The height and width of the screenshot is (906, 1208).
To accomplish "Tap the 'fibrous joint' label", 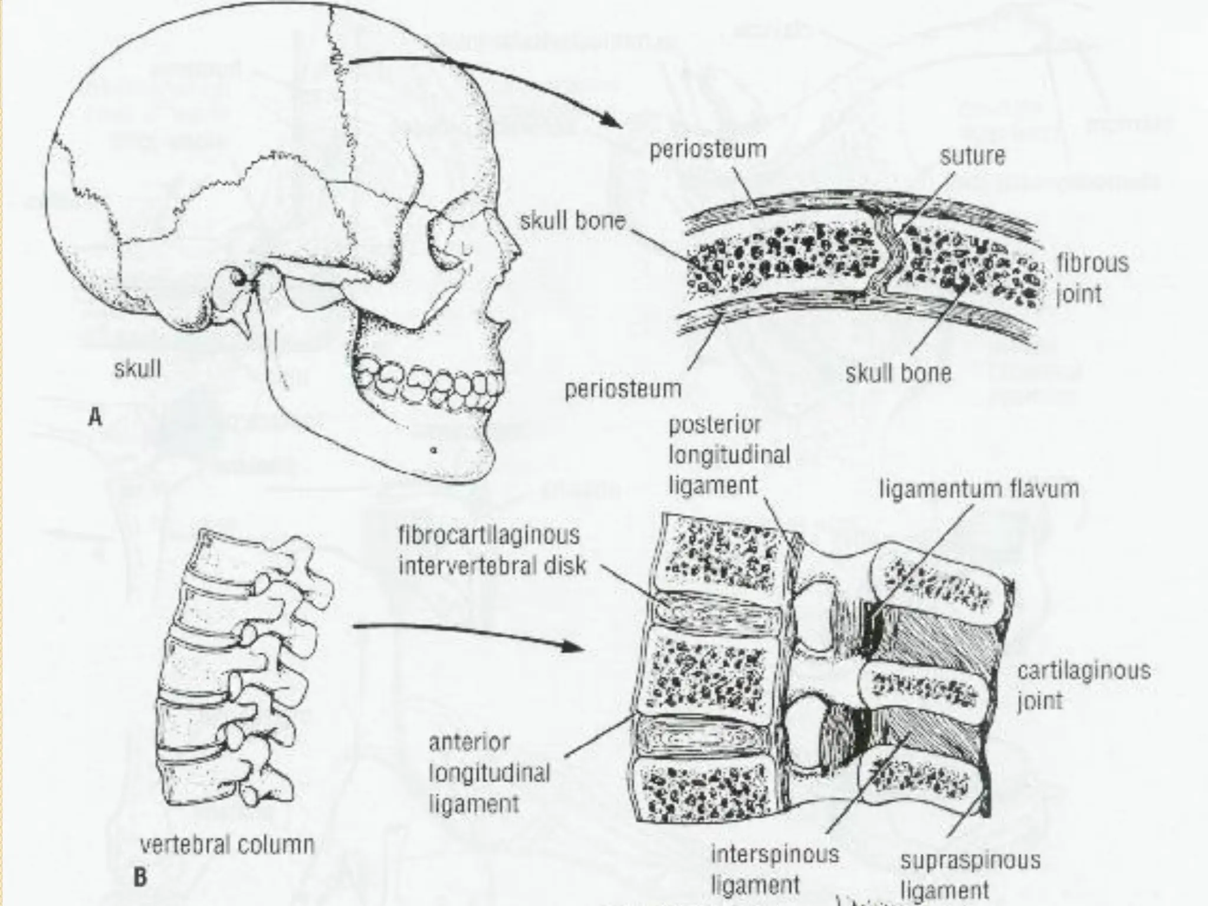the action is coord(1091,278).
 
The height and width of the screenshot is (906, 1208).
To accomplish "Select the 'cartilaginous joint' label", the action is coord(1084,686).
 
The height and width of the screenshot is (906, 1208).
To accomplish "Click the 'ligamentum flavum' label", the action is coord(979,490).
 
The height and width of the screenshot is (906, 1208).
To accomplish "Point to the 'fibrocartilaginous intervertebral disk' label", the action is coord(492,551).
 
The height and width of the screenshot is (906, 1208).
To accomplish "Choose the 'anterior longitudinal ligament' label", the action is coord(489,773).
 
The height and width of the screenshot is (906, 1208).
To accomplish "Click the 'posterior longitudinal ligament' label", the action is coord(729,455).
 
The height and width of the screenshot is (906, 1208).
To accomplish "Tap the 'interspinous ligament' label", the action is coord(774,869).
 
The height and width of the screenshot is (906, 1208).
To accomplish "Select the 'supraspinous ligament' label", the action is coord(970,875).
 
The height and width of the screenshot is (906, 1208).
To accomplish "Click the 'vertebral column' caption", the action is coord(227,845).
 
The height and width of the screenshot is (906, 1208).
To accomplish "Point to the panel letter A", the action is coord(95,418).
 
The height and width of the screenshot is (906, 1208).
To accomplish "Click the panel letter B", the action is coord(140,878).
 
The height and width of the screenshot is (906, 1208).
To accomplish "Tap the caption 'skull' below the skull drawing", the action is coord(137,370).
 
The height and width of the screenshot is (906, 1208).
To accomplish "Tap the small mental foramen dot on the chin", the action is coord(434,451).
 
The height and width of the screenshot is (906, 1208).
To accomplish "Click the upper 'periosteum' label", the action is coord(708,150).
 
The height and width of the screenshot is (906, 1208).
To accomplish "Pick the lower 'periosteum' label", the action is coord(623,389).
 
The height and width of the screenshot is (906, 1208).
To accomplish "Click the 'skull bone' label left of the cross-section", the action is coord(572,222).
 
